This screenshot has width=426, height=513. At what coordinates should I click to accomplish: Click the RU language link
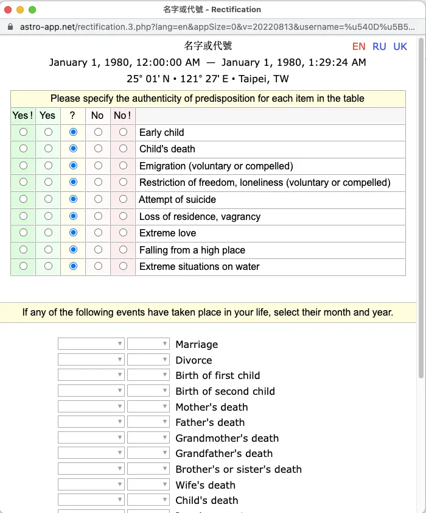[x=379, y=47]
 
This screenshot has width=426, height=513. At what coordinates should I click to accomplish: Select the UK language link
[x=400, y=47]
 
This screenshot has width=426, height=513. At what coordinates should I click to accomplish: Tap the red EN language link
[x=358, y=47]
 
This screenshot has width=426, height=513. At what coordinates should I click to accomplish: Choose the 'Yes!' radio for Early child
[x=23, y=132]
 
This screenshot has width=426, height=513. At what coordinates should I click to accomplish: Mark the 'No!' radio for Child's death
[x=123, y=149]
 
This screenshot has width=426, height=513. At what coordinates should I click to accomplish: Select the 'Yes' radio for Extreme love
[x=48, y=233]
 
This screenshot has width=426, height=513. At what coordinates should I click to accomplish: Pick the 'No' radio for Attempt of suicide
[x=98, y=199]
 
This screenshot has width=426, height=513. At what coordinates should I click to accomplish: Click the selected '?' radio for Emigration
[x=73, y=166]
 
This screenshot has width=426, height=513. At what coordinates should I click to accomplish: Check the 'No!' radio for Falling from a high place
[x=123, y=250]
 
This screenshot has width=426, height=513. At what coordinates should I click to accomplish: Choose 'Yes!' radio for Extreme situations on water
[x=23, y=266]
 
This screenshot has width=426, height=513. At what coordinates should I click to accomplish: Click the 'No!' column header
[x=123, y=116]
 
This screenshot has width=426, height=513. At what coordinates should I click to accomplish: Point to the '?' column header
[x=73, y=116]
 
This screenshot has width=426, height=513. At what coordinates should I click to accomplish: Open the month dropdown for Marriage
[x=91, y=344]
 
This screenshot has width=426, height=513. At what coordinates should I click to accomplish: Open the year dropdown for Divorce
[x=148, y=360]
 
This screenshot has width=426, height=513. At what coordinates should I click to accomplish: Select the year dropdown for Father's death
[x=148, y=422]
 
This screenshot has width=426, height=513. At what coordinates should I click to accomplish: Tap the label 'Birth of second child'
[x=225, y=391]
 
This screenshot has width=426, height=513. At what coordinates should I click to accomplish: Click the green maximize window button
[x=32, y=10]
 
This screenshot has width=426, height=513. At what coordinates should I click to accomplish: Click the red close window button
[x=8, y=10]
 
